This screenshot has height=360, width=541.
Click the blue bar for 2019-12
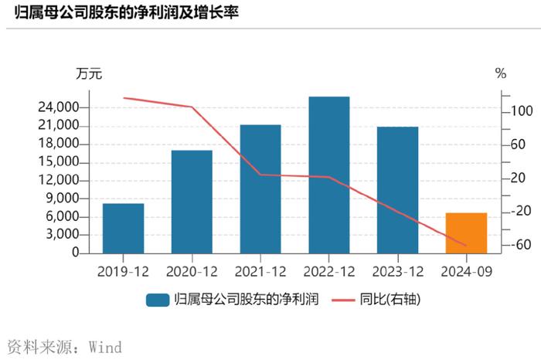click(x=123, y=228)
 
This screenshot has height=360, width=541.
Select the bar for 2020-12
click(x=192, y=202)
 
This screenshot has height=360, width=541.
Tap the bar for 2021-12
click(x=260, y=188)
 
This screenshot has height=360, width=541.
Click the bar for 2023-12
click(x=397, y=190)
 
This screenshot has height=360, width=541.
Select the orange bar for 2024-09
click(x=466, y=233)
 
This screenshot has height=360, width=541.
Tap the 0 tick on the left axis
click(x=75, y=253)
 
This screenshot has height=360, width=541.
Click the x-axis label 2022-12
click(x=328, y=271)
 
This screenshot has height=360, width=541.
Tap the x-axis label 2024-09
click(x=466, y=271)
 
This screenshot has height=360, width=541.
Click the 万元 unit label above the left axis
click(x=88, y=74)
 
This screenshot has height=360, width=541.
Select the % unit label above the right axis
click(x=501, y=74)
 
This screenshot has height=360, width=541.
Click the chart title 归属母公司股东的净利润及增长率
click(x=124, y=12)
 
